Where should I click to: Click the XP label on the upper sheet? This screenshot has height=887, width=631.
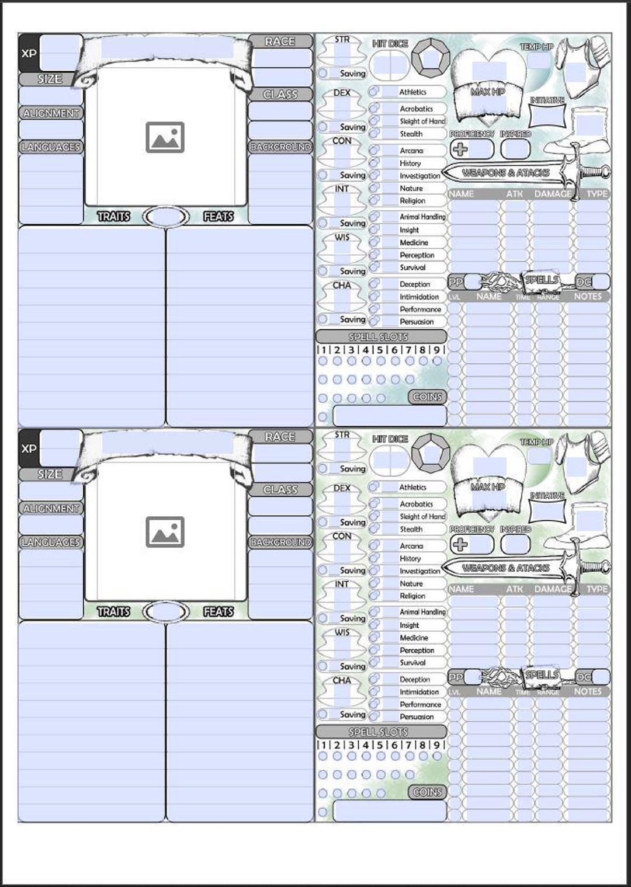(29, 53)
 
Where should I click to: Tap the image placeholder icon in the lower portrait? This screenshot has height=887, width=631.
(165, 532)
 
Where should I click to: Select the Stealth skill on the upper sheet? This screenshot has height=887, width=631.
(411, 134)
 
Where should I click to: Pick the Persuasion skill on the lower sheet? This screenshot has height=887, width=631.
(416, 716)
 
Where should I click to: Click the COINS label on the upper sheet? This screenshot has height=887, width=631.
(427, 397)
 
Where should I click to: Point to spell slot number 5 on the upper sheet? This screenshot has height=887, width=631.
(380, 350)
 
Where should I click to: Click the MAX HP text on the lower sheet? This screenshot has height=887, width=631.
(487, 486)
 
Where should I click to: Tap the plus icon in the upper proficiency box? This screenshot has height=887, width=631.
(460, 149)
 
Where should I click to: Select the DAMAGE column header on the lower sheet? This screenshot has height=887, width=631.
(552, 589)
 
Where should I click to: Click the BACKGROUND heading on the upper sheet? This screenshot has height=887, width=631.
(280, 147)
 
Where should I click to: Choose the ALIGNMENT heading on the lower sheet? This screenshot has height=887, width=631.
(51, 509)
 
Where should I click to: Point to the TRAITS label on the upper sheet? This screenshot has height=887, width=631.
(113, 217)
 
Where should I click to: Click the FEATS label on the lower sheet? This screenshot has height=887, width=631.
(219, 611)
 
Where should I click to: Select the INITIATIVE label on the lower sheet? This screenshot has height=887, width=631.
(547, 496)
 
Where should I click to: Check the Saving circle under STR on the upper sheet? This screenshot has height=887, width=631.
(323, 74)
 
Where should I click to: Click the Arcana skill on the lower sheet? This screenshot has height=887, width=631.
(411, 546)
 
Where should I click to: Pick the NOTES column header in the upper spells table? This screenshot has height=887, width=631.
(587, 297)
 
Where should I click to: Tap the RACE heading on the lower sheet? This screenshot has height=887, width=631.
(280, 437)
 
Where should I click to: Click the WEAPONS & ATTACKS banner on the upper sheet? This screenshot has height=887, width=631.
(505, 173)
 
